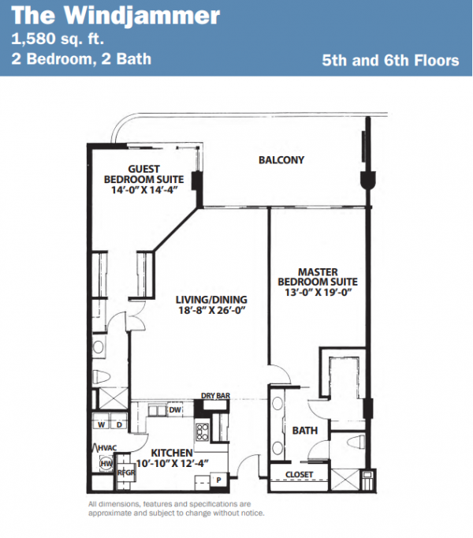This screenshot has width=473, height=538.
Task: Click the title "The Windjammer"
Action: [116, 17]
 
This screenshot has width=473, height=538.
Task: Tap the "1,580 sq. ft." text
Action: [58, 39]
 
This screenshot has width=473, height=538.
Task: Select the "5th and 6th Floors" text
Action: [390, 61]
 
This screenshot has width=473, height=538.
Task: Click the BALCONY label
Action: [281, 160]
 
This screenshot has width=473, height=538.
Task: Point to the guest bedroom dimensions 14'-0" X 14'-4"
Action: [144, 190]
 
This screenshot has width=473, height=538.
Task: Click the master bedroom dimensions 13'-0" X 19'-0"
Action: [318, 293]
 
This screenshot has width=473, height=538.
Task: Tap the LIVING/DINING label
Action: [211, 300]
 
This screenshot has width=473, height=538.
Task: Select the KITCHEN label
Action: [172, 453]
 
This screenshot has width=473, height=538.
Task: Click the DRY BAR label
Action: [215, 395]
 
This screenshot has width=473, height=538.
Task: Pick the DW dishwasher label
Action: [175, 409]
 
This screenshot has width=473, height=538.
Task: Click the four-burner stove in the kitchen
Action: [202, 432]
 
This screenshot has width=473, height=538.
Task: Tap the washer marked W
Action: [101, 424]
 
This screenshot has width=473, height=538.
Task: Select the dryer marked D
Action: [119, 424]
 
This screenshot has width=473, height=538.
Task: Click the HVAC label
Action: [107, 448]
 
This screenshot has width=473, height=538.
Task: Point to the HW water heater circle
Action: [106, 464]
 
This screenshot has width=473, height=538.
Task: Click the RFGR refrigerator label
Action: [126, 473]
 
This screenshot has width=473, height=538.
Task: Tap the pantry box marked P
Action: [218, 480]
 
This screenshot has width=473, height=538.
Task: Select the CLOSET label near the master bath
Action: [299, 475]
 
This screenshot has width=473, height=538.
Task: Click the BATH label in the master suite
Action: [304, 430]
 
